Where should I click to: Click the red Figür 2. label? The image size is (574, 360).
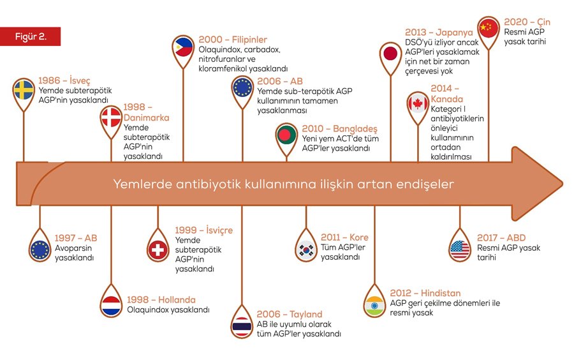point(31,36)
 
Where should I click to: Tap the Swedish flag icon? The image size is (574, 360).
point(24,91)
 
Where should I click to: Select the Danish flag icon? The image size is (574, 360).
point(111,117)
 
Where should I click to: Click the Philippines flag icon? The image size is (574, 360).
point(184,47)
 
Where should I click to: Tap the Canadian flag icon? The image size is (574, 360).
point(418,103)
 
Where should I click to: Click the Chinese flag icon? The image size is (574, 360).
point(489,27)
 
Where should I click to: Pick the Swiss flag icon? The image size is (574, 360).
point(157,250)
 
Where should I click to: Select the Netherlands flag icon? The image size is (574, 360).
point(111,305)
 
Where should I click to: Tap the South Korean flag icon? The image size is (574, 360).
point(305,249)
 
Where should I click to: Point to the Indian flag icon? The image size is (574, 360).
point(374,304)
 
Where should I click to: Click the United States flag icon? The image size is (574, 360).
point(459,249)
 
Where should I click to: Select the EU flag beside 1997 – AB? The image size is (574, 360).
point(40,250)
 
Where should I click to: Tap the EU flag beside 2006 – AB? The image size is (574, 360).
point(242,87)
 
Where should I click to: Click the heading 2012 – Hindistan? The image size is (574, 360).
point(425,293)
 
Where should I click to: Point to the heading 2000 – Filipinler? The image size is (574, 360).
point(233,40)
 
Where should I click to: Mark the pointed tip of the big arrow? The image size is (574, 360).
point(562,184)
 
